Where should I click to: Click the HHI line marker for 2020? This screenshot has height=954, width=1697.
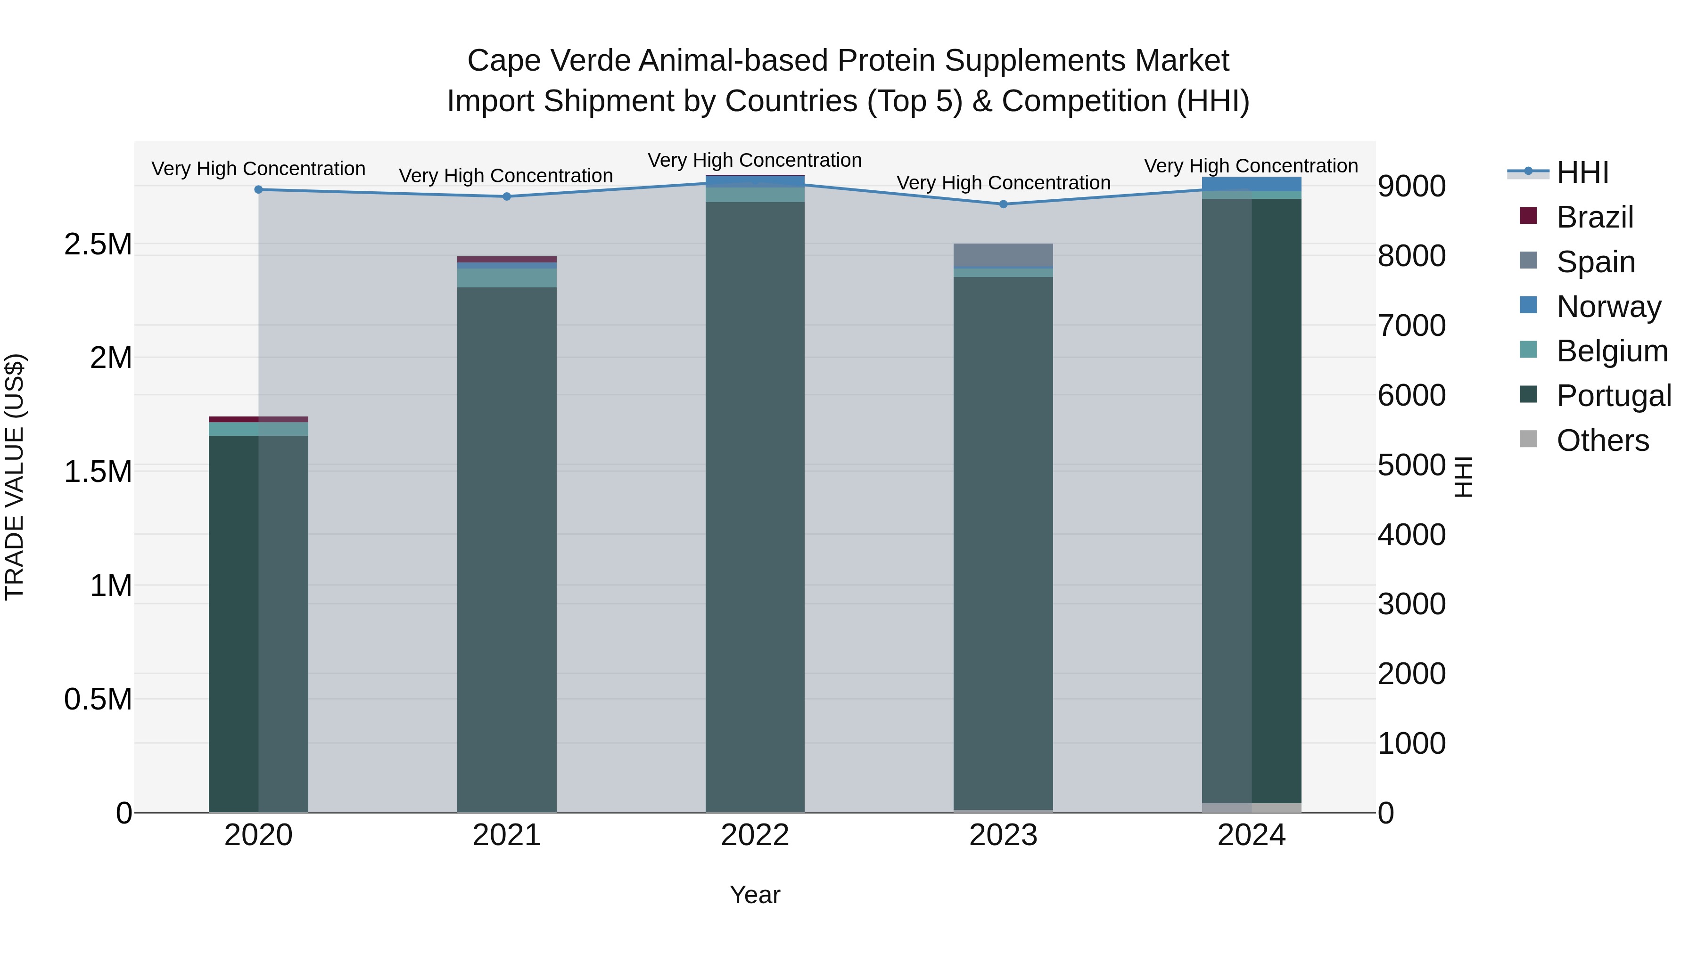tap(258, 189)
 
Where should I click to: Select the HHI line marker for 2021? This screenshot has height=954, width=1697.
tap(507, 196)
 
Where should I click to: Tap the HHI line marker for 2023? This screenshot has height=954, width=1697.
tap(1003, 204)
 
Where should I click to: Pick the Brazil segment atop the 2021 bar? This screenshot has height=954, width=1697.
tap(507, 260)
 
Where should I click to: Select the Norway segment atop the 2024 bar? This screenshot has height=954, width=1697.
tap(1252, 184)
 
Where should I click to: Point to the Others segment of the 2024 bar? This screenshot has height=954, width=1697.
tap(1252, 808)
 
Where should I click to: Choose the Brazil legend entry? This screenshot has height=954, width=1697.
tap(1594, 217)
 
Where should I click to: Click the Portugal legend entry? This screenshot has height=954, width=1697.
tap(1613, 396)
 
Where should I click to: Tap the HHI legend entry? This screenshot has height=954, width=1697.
tap(1582, 172)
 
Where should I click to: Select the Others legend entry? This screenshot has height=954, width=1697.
tap(1602, 440)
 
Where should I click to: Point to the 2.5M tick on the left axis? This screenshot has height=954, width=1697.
tap(98, 244)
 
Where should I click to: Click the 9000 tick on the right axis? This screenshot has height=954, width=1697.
tap(1411, 186)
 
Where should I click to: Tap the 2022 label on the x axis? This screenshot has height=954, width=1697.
tap(755, 835)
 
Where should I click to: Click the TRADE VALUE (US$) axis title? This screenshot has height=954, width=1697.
tap(15, 477)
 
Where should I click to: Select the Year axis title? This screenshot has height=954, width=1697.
tap(755, 895)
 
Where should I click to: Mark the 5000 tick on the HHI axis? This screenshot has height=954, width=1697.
tap(1411, 465)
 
